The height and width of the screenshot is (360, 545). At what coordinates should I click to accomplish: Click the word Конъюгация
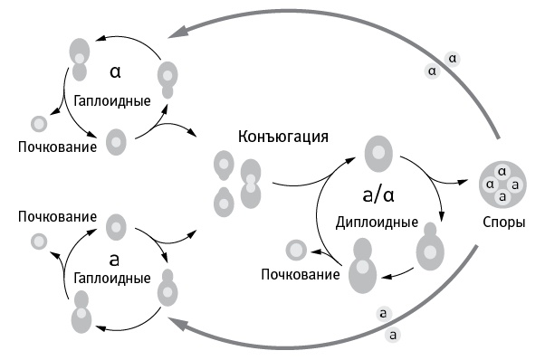pyautogui.click(x=282, y=137)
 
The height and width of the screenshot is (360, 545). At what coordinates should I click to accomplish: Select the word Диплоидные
pyautogui.click(x=376, y=222)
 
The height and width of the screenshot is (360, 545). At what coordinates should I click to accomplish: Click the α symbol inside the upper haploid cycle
pyautogui.click(x=114, y=70)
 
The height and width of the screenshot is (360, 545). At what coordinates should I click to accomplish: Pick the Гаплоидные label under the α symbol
pyautogui.click(x=112, y=99)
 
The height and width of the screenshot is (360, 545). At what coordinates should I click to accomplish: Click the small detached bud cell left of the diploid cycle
pyautogui.click(x=296, y=250)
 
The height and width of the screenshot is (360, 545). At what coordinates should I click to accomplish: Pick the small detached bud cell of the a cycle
pyautogui.click(x=39, y=242)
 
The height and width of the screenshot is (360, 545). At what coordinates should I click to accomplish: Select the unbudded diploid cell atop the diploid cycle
pyautogui.click(x=375, y=152)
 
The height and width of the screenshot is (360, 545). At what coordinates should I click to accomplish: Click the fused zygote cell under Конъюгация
pyautogui.click(x=251, y=182)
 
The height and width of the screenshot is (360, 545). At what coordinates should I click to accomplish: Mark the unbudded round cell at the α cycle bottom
pyautogui.click(x=116, y=141)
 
